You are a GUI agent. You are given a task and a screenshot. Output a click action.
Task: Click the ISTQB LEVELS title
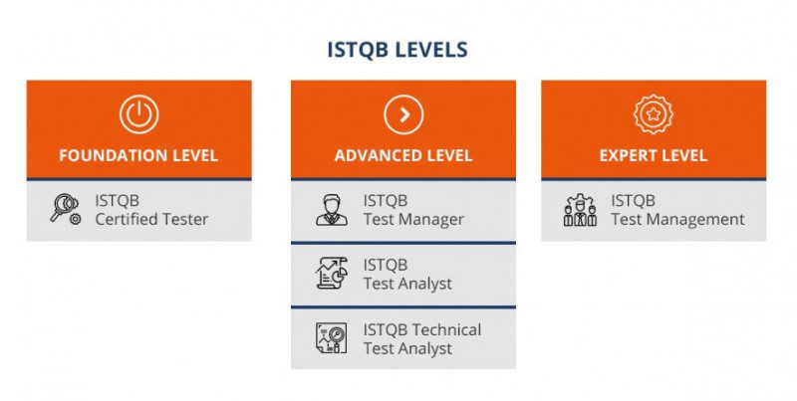(397, 50)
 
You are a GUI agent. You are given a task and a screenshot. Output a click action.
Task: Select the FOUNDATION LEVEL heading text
(138, 155)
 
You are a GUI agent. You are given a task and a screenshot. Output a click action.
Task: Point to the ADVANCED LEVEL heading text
(403, 155)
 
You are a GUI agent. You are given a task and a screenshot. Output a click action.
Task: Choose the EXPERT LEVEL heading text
(654, 155)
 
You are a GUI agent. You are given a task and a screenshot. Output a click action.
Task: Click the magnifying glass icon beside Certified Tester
(65, 209)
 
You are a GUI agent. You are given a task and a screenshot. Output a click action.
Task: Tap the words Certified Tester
(151, 219)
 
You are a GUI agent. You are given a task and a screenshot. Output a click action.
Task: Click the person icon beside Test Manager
(332, 210)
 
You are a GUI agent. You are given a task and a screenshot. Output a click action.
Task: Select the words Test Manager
(413, 219)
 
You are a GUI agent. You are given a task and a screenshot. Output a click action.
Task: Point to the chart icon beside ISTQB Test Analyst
(332, 273)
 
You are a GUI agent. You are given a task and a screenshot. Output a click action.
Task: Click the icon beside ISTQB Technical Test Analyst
(332, 338)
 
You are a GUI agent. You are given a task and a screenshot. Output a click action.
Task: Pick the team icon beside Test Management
(580, 210)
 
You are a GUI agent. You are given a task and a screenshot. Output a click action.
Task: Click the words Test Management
(677, 219)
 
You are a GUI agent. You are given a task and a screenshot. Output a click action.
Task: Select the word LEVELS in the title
(431, 50)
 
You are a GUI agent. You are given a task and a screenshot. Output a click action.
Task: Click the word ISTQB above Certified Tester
(117, 201)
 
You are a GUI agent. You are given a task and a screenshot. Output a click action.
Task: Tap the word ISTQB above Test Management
(633, 201)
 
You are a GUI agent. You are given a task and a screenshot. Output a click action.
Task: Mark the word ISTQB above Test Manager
(386, 201)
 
